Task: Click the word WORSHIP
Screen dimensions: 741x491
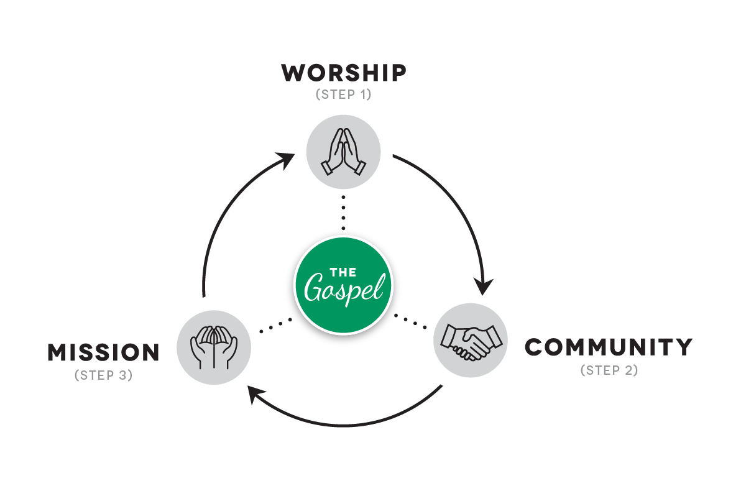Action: pos(344,73)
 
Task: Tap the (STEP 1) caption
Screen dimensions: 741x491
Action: pos(344,95)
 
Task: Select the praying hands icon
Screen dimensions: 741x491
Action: pos(343,152)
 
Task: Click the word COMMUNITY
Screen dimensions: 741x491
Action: pos(609,347)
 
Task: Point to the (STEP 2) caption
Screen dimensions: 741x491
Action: pos(609,370)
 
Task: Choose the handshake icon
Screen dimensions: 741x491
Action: pos(471,340)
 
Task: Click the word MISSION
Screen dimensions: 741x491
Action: pos(104,353)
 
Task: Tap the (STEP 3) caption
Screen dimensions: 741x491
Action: pos(104,375)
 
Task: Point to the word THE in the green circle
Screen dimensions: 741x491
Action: pos(343,272)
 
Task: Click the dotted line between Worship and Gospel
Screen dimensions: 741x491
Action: pos(343,211)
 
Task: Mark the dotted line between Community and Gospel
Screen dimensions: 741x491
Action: pos(411,323)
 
